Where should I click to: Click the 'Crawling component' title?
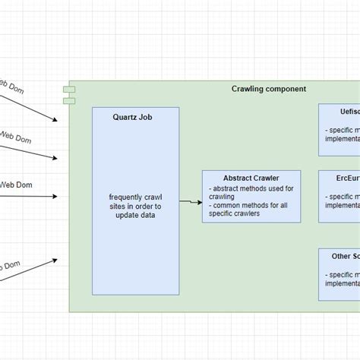[268, 89]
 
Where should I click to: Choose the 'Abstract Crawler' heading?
[250, 178]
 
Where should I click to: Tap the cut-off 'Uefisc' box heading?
[349, 112]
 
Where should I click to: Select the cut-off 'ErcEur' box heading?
[348, 180]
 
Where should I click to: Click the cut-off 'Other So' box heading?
[345, 256]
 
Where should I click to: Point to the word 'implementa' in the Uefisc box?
[342, 140]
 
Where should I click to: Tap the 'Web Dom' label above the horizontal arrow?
[15, 184]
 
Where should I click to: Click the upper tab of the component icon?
[69, 90]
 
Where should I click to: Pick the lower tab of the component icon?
[69, 99]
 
